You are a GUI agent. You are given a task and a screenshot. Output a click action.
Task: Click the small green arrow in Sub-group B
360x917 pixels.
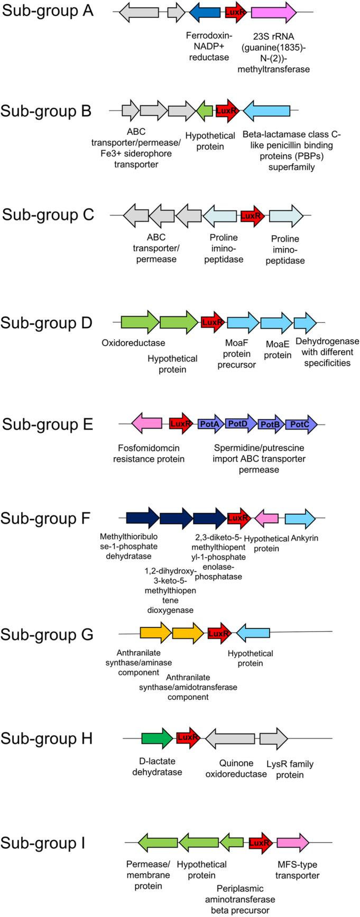click(x=205, y=110)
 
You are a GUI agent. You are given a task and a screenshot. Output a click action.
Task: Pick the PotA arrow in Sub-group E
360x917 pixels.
click(x=211, y=424)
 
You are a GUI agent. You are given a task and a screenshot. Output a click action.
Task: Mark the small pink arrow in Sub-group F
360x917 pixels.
click(x=266, y=518)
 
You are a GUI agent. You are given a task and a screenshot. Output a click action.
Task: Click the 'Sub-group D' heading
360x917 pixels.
click(x=47, y=322)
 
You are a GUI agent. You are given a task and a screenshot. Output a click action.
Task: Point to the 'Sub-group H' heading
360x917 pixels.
click(x=47, y=738)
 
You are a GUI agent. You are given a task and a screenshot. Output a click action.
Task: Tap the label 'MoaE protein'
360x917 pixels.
click(x=278, y=349)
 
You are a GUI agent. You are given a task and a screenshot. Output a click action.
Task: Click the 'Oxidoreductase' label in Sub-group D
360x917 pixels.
click(x=133, y=343)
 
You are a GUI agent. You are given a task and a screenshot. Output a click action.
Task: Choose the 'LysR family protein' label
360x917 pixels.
click(x=290, y=769)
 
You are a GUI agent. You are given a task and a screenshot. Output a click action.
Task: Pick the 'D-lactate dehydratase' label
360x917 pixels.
click(x=157, y=766)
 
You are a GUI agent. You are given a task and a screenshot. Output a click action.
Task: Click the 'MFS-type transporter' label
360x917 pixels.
click(x=298, y=870)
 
